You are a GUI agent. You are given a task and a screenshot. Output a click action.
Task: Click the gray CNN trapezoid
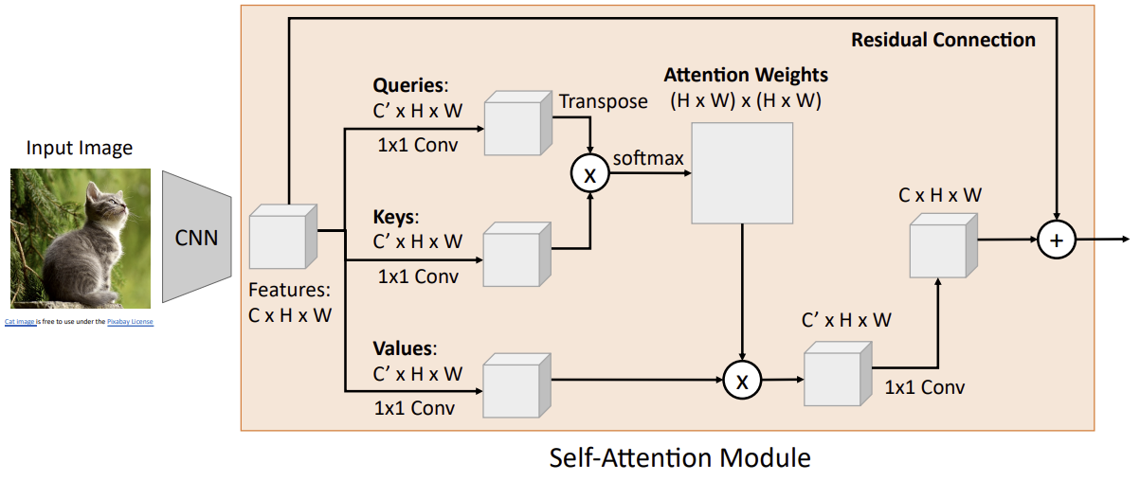click(196, 237)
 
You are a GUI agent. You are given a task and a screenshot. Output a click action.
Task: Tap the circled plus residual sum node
click(1057, 240)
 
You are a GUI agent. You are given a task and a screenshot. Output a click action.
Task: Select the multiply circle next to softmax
click(589, 172)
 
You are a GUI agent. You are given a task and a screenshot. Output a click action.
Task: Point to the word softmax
click(648, 157)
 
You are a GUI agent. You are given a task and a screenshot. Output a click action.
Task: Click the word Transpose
click(604, 101)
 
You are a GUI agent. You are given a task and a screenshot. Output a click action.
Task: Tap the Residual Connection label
click(943, 40)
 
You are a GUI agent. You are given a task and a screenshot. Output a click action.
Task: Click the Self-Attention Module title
click(679, 458)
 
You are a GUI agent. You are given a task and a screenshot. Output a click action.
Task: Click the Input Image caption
click(80, 148)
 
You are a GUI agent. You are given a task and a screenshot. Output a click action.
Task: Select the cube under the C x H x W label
click(942, 244)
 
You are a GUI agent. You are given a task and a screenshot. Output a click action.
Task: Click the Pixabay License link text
click(130, 322)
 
